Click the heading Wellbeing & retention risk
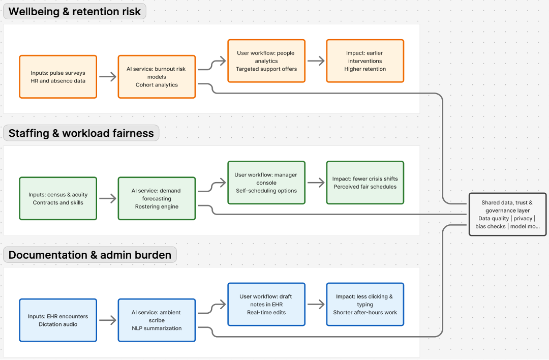tap(75, 12)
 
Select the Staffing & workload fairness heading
tap(81, 133)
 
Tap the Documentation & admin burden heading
tap(90, 255)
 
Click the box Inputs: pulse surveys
tap(58, 77)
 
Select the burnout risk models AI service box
tap(157, 77)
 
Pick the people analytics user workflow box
tap(266, 61)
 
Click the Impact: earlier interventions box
tap(365, 61)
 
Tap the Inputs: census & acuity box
tap(58, 198)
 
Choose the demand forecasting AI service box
tap(157, 198)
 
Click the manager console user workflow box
tap(266, 183)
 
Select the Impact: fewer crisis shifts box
tap(365, 183)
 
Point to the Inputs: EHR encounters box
tap(58, 320)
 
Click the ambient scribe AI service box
tap(157, 320)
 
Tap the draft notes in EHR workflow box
tap(266, 304)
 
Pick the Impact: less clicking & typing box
tap(365, 304)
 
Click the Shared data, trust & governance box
tap(507, 214)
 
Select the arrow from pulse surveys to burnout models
tap(107, 77)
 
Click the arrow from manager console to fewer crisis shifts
tap(316, 183)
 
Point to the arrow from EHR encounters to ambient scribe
tap(107, 320)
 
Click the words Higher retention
tap(365, 69)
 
